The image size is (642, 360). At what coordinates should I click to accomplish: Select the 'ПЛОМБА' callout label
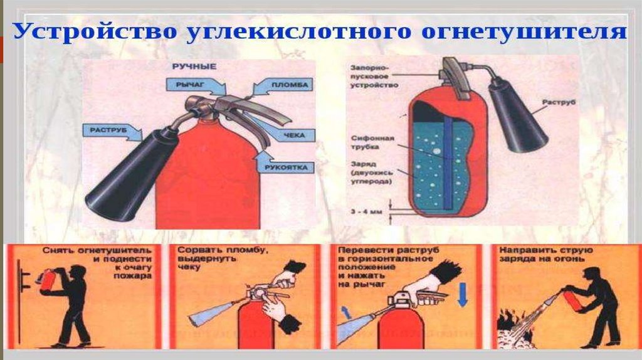click(290, 85)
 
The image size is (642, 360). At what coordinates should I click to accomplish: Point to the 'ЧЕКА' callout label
click(294, 135)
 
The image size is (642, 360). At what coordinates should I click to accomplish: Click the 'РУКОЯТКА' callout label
click(286, 167)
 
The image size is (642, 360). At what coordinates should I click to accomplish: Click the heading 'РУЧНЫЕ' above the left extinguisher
click(194, 66)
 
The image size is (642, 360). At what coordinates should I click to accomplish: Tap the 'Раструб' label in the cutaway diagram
click(559, 102)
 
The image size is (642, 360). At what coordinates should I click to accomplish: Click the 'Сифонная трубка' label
click(372, 142)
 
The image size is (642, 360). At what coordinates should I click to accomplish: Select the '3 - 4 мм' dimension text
click(366, 212)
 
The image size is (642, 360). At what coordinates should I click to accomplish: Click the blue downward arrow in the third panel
click(463, 294)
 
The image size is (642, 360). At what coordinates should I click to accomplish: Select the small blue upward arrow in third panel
click(346, 312)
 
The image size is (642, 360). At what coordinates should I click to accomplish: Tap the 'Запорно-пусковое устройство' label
click(374, 76)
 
